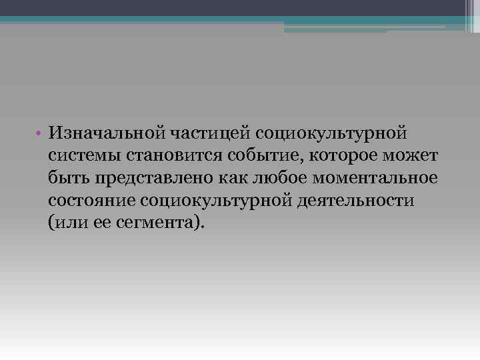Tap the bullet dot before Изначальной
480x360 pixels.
pos(41,134)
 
